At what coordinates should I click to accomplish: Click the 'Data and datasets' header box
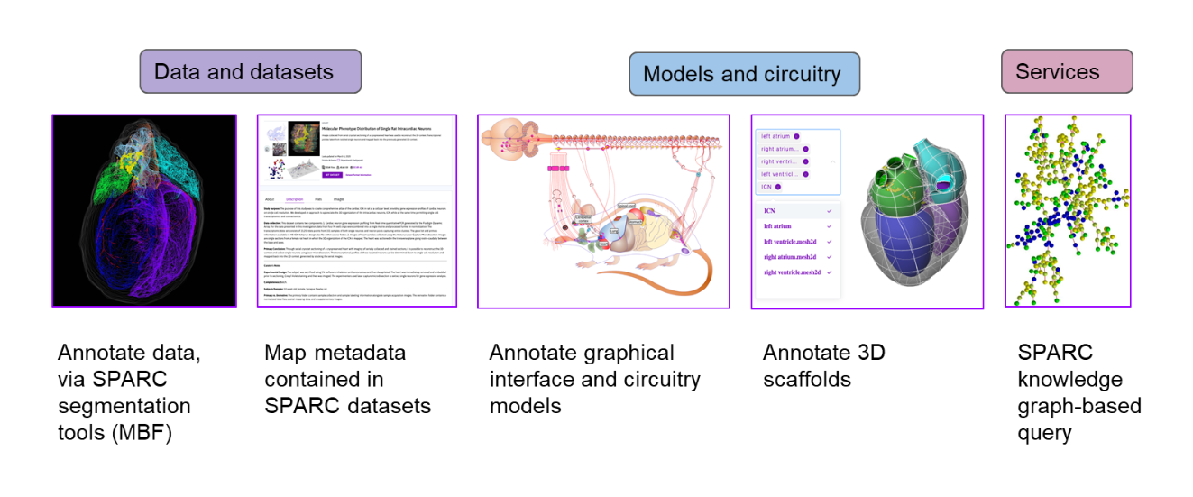250,72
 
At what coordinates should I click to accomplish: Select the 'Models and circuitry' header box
743,74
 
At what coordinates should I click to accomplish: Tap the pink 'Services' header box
1066,72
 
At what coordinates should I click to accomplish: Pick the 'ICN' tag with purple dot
769,187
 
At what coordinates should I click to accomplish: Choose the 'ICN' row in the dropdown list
771,210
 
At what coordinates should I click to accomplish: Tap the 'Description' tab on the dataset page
295,198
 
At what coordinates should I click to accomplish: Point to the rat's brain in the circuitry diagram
505,138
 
